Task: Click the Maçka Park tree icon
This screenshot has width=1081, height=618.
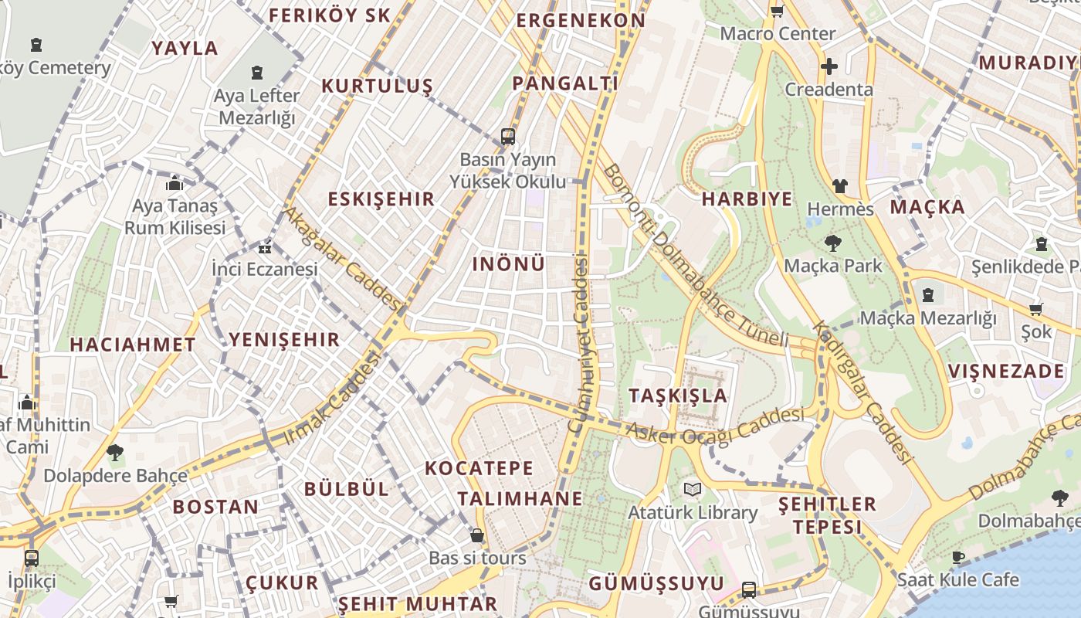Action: tap(832, 244)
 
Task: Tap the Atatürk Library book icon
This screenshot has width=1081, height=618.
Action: tap(692, 490)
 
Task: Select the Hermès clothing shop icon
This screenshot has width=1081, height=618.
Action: tap(839, 186)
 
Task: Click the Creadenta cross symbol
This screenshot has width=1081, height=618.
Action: tap(829, 66)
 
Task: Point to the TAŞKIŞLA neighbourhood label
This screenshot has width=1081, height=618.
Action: tap(677, 396)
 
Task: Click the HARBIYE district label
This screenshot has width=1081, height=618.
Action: tap(747, 199)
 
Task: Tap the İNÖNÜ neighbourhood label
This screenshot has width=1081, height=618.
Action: tap(508, 264)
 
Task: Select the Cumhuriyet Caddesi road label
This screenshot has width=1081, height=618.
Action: tap(579, 344)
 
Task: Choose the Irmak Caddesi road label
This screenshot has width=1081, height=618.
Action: tap(333, 398)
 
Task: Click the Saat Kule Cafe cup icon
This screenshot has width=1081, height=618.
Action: tap(957, 557)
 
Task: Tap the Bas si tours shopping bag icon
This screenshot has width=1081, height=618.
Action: tap(477, 535)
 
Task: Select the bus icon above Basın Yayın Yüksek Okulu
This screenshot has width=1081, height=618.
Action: tap(507, 137)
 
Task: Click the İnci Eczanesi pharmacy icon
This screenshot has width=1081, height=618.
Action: tap(265, 248)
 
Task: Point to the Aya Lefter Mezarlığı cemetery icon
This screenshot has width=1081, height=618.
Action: tap(256, 73)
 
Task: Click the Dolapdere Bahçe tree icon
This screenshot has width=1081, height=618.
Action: tap(115, 453)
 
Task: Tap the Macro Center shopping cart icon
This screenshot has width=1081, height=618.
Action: tap(777, 11)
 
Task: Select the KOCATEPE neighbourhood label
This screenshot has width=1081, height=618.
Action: tap(479, 468)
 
